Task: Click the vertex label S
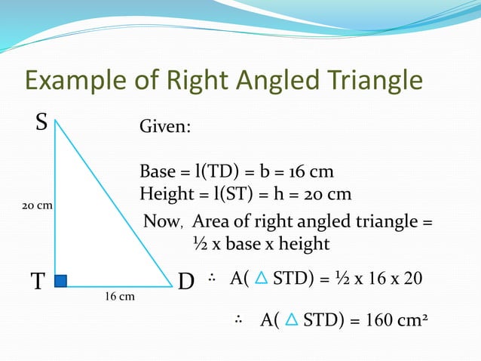[42, 122]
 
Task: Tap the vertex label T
[37, 282]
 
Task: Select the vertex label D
[186, 282]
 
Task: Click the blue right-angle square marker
[61, 281]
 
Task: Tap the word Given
[165, 128]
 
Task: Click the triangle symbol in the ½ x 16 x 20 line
[260, 280]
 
